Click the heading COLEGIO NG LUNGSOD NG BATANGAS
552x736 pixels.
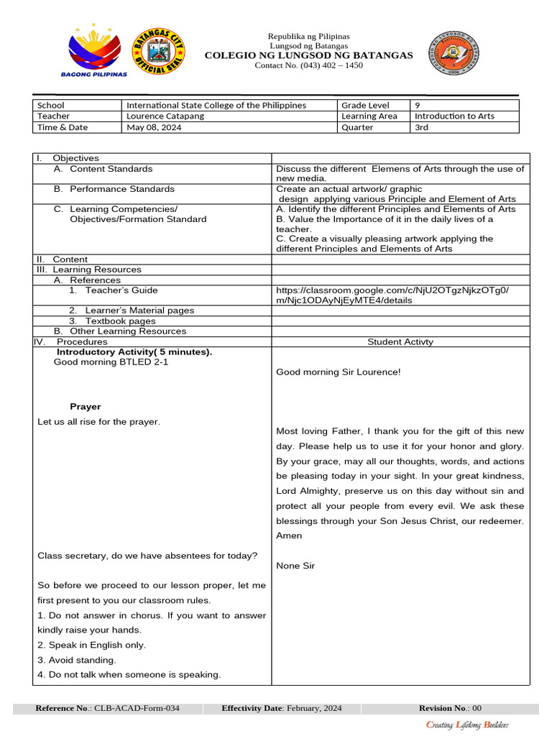click(x=309, y=55)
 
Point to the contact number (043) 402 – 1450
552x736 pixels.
click(x=309, y=65)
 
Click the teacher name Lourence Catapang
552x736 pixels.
click(x=165, y=116)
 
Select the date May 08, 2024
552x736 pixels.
click(x=154, y=127)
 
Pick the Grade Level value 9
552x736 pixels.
click(x=418, y=105)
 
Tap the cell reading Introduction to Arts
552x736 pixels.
click(x=454, y=116)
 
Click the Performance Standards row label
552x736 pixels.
click(x=121, y=189)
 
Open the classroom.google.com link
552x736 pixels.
click(x=392, y=295)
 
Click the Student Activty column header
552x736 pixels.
click(x=400, y=342)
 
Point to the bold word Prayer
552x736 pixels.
click(x=85, y=407)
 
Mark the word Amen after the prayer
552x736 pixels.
click(x=289, y=535)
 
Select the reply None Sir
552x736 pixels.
click(x=295, y=566)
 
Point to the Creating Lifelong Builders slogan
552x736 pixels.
click(x=467, y=724)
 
